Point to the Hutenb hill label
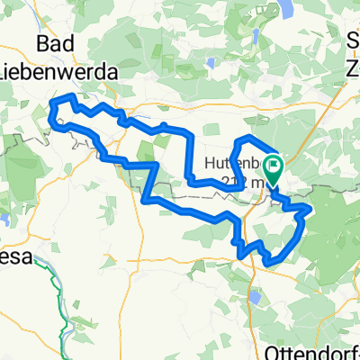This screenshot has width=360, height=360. [237, 163]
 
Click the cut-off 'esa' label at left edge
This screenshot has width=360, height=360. [13, 256]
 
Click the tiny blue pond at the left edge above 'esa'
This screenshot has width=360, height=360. [4, 219]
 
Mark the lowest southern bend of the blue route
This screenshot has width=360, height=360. [270, 263]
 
